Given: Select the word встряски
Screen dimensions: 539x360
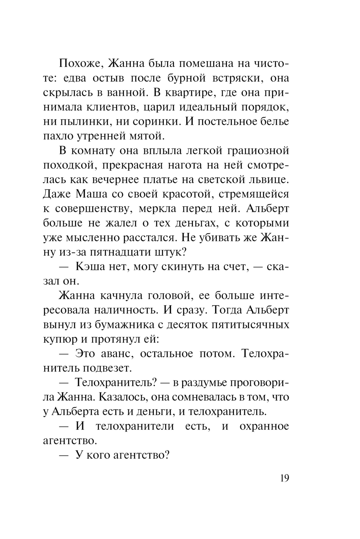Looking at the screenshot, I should (234, 78).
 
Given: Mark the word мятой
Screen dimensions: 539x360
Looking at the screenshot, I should (148, 136).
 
